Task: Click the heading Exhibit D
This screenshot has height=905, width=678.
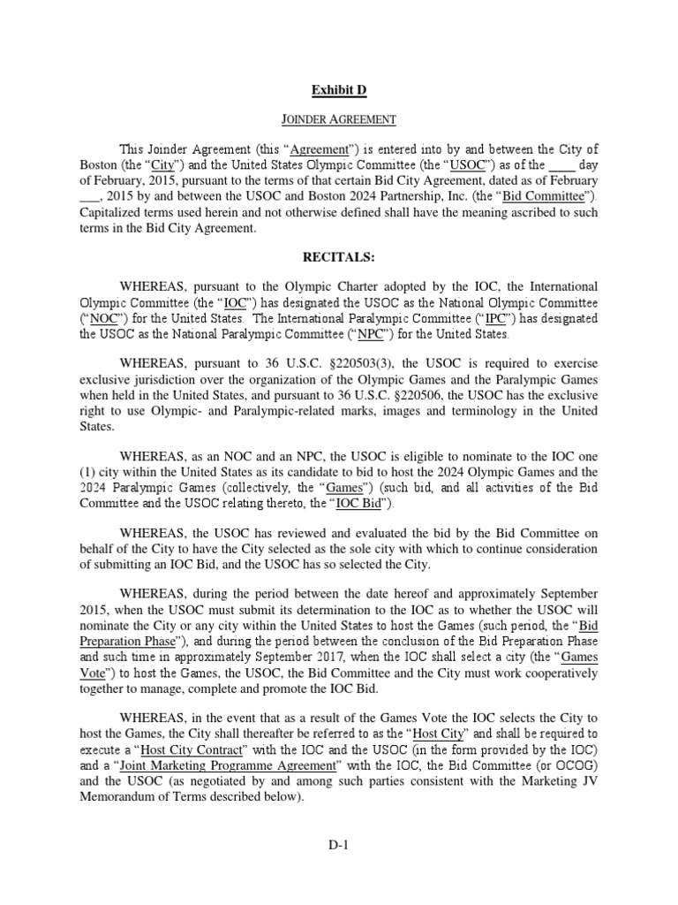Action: (338, 88)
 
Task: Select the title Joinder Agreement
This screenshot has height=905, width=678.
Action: (339, 118)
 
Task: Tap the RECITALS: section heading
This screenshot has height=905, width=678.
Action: (339, 257)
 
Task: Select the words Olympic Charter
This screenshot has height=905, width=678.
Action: (327, 287)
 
